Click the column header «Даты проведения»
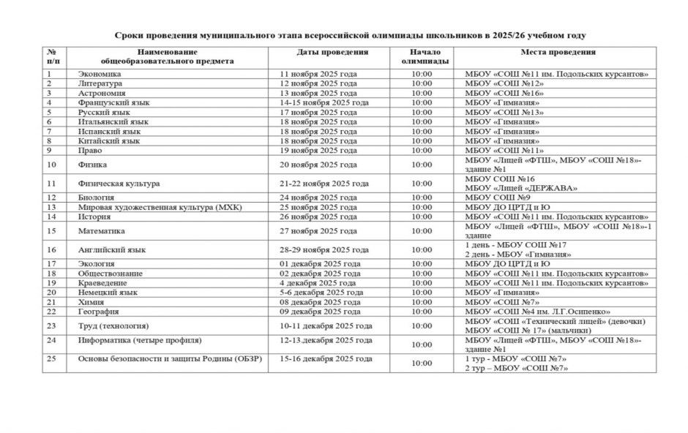(x=332, y=53)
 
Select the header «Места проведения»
(x=557, y=53)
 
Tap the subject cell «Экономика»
(x=100, y=74)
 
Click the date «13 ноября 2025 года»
(x=318, y=94)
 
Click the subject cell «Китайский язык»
(x=108, y=141)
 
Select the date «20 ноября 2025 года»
(x=318, y=165)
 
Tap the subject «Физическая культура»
(x=119, y=184)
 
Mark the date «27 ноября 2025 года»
(x=318, y=231)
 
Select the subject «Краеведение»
(x=102, y=283)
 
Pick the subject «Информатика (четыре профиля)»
(x=139, y=340)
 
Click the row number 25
(x=51, y=358)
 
